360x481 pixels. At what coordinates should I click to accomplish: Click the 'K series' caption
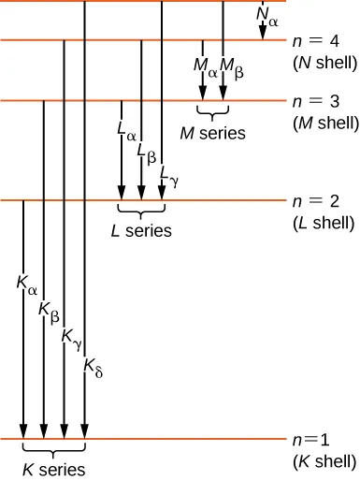pos(54,470)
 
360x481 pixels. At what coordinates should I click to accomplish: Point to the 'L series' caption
pos(141,230)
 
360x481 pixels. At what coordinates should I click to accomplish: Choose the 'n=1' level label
pos(313,440)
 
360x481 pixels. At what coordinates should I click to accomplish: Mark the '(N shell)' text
pos(324,64)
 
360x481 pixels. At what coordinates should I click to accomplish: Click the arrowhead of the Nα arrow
pos(262,35)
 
